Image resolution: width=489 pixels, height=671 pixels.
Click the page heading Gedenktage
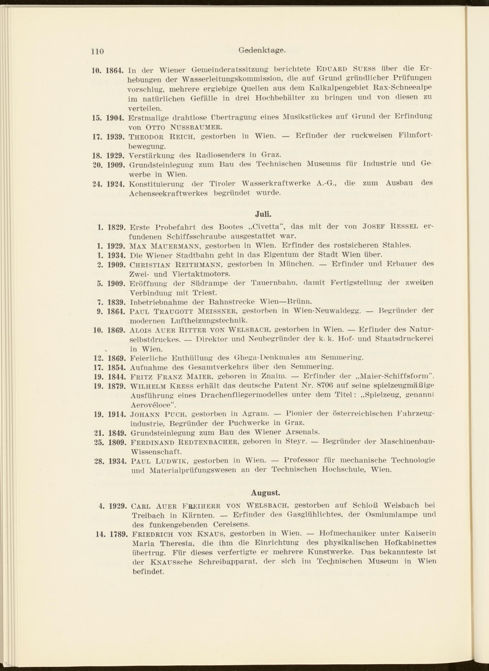pos(262,51)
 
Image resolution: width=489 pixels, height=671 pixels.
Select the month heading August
pos(265,493)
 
